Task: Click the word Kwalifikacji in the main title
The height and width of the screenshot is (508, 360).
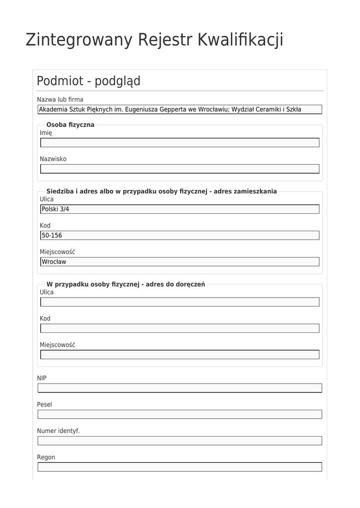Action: pos(240,40)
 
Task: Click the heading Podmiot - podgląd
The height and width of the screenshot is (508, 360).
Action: pos(88,81)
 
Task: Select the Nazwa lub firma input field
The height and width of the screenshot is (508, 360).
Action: pos(180,110)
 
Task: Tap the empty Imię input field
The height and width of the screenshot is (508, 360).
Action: pos(180,143)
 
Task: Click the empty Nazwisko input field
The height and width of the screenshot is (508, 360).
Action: pos(180,169)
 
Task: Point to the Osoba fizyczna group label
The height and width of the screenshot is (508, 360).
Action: pos(70,125)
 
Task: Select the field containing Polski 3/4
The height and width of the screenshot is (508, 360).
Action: pos(180,209)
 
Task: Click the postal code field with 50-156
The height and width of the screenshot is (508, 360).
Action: pos(180,236)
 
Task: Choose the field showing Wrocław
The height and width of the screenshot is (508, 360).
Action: pos(180,262)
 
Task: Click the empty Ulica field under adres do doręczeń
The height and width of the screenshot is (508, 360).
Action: pos(180,302)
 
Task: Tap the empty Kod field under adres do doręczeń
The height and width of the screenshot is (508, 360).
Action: pos(180,328)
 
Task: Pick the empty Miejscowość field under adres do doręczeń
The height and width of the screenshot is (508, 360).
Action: pos(180,355)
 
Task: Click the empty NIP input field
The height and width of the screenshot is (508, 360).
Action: pos(180,388)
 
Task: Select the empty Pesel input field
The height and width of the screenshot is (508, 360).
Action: pos(180,414)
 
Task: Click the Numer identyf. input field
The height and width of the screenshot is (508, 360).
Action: pos(180,441)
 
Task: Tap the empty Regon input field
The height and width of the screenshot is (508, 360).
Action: pos(180,467)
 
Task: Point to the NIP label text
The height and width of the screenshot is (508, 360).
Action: pos(42,378)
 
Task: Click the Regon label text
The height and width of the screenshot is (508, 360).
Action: pos(46,457)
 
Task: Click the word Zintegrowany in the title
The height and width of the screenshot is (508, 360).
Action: pos(79,40)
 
